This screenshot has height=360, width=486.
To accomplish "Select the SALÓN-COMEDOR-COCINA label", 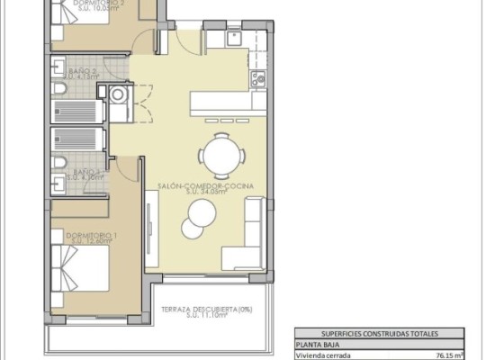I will point(205,184).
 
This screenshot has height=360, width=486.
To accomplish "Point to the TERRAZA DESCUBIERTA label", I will point(206,310).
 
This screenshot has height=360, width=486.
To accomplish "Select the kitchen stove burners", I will point(261,79).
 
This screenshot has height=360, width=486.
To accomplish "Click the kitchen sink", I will point(232,39).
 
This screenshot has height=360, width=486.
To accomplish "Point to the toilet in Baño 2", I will point(58,94).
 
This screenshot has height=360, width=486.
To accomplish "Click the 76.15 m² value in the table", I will point(449,355).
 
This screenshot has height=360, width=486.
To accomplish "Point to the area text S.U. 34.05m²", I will point(205,192).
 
